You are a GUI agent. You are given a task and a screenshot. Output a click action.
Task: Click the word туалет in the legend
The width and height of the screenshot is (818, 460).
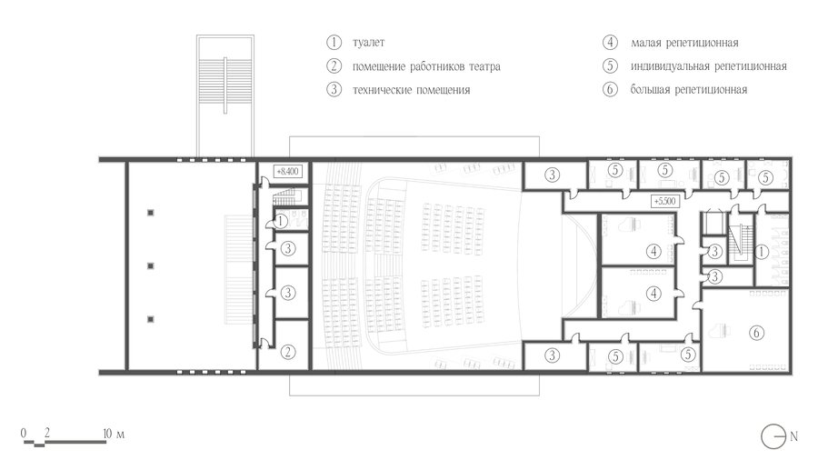[x=368, y=43]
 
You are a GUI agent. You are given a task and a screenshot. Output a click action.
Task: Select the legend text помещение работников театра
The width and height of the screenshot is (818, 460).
[x=426, y=66]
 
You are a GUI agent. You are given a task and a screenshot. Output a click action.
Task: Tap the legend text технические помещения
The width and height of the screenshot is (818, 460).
[x=411, y=90]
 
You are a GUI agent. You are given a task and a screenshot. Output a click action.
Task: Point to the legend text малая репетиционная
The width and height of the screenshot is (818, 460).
[x=684, y=43]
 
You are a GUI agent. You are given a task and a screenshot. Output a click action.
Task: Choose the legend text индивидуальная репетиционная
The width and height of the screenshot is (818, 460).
[x=708, y=66]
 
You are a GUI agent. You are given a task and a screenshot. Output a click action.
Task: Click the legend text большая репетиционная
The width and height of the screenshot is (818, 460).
[x=689, y=90]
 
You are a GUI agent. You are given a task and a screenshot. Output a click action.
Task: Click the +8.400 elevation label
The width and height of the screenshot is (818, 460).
[x=287, y=171]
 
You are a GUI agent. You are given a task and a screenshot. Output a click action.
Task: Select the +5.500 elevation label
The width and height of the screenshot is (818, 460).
[x=664, y=201]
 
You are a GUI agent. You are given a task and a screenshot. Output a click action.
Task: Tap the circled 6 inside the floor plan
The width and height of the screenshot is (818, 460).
[x=756, y=332]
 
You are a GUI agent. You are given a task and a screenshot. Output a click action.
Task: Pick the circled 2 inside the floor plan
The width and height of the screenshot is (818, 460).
[x=287, y=352]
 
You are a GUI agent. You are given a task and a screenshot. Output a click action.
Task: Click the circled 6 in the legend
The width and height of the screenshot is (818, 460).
[x=610, y=89]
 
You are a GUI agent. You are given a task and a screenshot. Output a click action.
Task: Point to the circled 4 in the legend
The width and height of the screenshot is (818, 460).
[x=610, y=42]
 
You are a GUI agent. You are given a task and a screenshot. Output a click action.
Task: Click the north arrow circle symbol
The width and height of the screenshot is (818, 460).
[x=773, y=436]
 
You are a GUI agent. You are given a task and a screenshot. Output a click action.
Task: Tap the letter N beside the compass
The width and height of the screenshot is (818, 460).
[x=793, y=436]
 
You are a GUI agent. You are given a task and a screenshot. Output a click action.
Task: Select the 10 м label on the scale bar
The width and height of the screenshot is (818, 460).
[x=114, y=434]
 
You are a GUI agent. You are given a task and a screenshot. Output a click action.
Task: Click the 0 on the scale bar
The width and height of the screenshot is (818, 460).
[x=24, y=433]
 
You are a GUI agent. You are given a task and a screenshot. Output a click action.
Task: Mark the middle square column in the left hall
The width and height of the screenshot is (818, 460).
[x=151, y=266]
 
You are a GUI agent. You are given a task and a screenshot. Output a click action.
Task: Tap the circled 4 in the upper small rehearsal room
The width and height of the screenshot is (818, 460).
[x=653, y=252]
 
